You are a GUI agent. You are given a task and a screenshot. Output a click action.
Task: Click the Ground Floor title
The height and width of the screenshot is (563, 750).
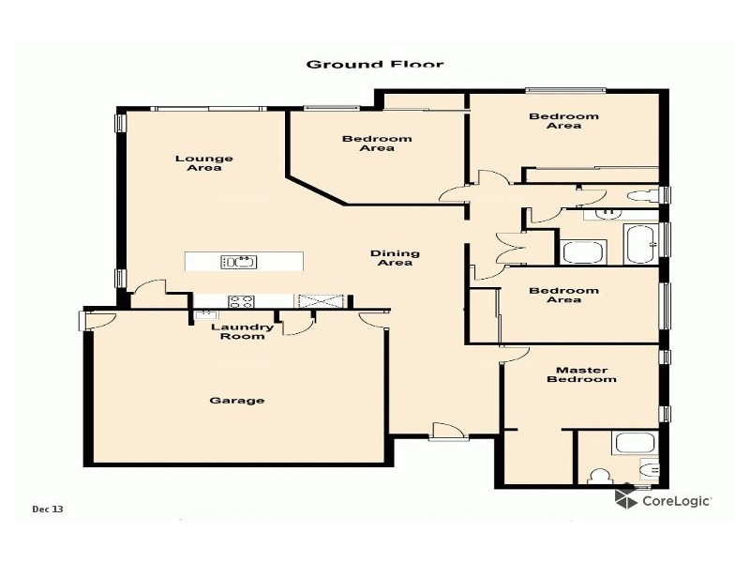(x=375, y=65)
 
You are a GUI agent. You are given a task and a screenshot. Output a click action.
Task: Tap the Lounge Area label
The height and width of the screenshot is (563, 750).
(x=203, y=163)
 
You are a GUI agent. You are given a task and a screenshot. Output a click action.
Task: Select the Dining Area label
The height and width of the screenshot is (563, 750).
(x=395, y=258)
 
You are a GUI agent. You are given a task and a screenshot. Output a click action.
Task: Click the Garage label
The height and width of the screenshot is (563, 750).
(x=236, y=401)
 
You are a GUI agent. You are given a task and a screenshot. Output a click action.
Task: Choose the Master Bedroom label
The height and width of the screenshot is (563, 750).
(x=581, y=374)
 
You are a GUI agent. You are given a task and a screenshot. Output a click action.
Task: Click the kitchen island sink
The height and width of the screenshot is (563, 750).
(x=238, y=262)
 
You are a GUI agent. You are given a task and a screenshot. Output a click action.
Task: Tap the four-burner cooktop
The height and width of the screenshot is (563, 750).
(x=241, y=301)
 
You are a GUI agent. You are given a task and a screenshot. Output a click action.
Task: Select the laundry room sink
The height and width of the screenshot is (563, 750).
(x=206, y=315)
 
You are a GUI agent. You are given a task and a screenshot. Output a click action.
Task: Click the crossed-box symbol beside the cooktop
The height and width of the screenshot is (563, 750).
(x=308, y=301)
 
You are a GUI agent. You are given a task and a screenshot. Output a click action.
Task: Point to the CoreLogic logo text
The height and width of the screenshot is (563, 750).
(x=675, y=501)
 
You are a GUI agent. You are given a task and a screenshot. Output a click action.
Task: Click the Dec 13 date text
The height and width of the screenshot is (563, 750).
(x=47, y=510)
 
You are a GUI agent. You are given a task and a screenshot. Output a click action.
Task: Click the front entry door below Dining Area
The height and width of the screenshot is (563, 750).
(x=446, y=431)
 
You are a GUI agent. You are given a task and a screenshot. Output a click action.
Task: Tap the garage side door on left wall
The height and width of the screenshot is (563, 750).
(x=98, y=321)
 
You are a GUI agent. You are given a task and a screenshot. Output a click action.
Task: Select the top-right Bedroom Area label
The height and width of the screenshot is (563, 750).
(x=563, y=121)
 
